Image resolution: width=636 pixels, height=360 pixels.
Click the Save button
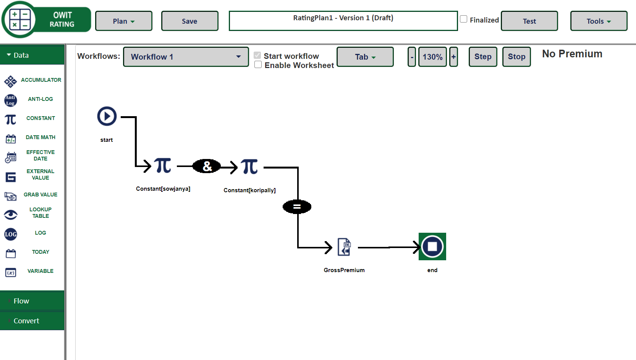click(x=189, y=21)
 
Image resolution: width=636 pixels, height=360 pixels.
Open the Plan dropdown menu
click(x=123, y=21)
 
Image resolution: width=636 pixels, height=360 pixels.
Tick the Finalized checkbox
click(x=464, y=19)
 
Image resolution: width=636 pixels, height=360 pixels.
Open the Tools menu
click(x=598, y=21)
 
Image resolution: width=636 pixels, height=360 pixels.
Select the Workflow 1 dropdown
click(x=186, y=57)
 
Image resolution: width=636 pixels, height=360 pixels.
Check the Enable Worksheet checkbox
click(x=258, y=65)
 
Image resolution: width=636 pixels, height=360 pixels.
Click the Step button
click(x=483, y=57)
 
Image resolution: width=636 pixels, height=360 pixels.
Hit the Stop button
click(x=516, y=57)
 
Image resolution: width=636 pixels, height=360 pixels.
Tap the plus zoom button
click(x=453, y=57)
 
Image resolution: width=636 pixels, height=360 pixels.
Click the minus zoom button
click(x=412, y=57)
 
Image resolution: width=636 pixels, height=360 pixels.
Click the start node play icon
click(x=107, y=116)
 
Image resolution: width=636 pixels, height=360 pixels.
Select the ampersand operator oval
click(x=207, y=166)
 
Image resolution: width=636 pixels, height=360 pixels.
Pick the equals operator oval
click(x=297, y=207)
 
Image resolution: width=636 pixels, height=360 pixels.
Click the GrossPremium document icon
click(x=344, y=247)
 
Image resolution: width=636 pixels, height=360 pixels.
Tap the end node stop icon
click(x=432, y=246)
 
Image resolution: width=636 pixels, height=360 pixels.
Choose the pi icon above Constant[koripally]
click(x=250, y=167)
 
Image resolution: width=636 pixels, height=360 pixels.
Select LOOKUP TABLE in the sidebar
click(x=40, y=213)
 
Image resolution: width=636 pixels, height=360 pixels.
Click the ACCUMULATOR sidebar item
click(x=40, y=80)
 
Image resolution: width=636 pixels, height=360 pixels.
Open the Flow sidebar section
click(x=21, y=301)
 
